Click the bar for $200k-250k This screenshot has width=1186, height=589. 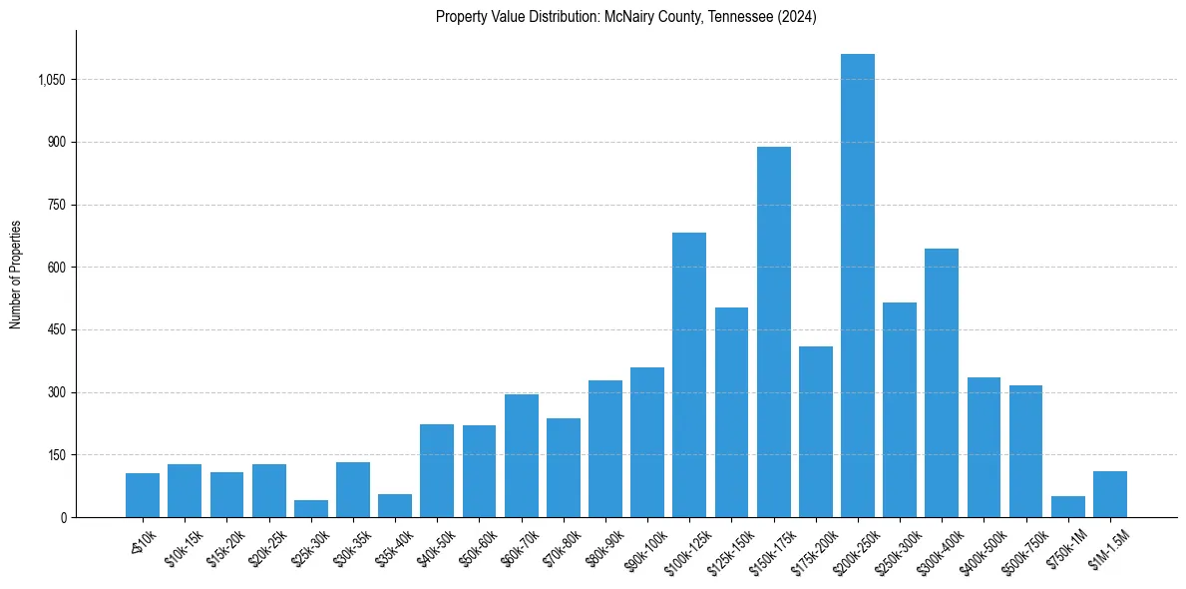(x=858, y=286)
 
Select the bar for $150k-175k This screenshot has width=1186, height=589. (x=773, y=331)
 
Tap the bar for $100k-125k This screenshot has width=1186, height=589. (x=689, y=374)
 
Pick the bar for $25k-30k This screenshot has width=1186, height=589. (x=311, y=508)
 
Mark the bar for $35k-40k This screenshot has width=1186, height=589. (x=395, y=505)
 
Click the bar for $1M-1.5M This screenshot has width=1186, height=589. (x=1109, y=494)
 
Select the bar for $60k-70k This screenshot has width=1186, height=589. (x=521, y=455)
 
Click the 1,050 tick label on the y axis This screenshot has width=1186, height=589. (x=52, y=80)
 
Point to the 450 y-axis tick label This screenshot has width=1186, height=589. (x=57, y=330)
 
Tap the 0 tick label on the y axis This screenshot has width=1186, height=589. (x=63, y=518)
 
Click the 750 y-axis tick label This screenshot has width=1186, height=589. (x=57, y=205)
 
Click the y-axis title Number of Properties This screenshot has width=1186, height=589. (x=15, y=274)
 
